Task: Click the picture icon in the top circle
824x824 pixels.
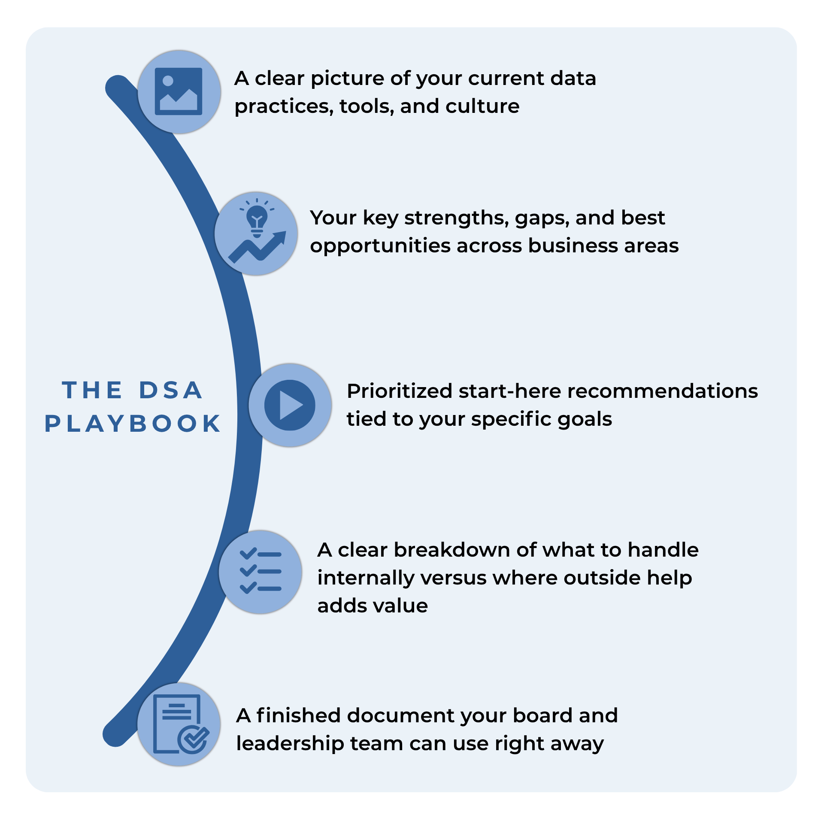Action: pyautogui.click(x=179, y=91)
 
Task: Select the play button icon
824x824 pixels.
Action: pyautogui.click(x=290, y=405)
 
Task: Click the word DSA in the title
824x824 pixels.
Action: pyautogui.click(x=170, y=390)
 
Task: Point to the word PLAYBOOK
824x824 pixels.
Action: pyautogui.click(x=133, y=424)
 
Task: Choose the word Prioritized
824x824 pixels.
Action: pyautogui.click(x=400, y=391)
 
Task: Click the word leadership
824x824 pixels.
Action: pyautogui.click(x=290, y=744)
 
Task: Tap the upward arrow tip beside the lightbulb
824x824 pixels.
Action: pyautogui.click(x=283, y=234)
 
